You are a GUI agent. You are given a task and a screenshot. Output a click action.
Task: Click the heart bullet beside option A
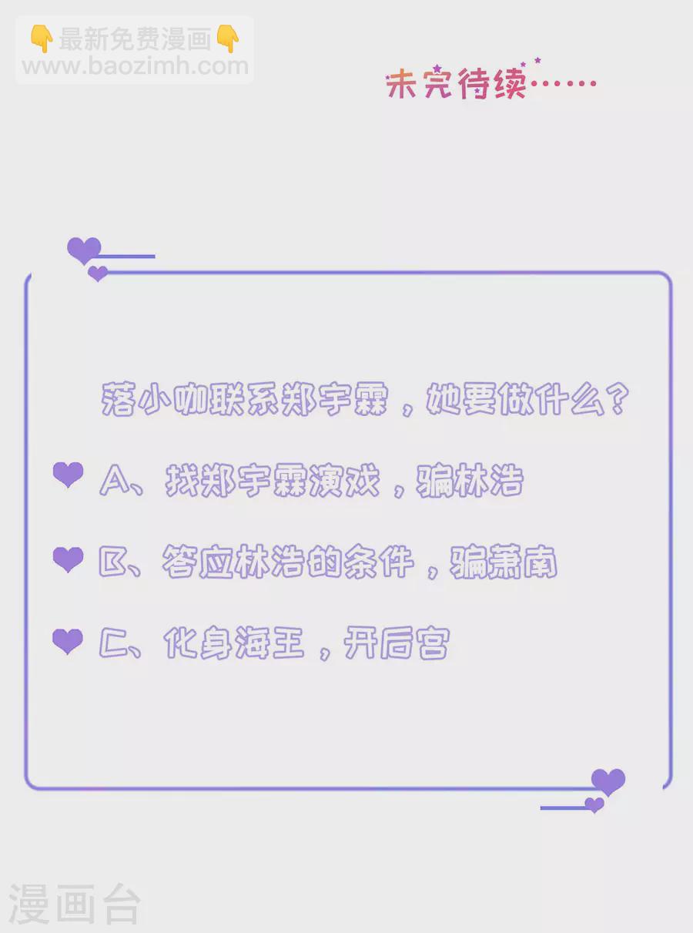(68, 475)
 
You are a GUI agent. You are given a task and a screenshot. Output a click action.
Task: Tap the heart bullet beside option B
(68, 559)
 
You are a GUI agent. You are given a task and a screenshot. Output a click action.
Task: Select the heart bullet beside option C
(68, 642)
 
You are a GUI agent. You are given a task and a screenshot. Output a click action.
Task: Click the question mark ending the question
(618, 399)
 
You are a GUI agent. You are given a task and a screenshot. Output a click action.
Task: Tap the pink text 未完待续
(456, 83)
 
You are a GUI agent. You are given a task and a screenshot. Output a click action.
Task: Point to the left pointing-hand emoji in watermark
(42, 39)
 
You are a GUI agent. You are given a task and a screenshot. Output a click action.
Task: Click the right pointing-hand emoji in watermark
(228, 39)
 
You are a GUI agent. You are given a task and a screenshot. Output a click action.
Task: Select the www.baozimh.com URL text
(135, 66)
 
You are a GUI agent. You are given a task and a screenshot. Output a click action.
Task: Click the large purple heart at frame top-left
(84, 250)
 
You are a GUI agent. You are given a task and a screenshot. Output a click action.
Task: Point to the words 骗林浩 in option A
(470, 481)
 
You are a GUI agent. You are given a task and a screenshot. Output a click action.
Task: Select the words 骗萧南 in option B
(504, 562)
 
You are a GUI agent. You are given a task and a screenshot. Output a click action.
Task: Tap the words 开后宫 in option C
(397, 643)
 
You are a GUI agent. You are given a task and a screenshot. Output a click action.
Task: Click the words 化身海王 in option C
(234, 643)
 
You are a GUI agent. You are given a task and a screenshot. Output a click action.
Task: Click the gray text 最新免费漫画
(135, 39)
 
